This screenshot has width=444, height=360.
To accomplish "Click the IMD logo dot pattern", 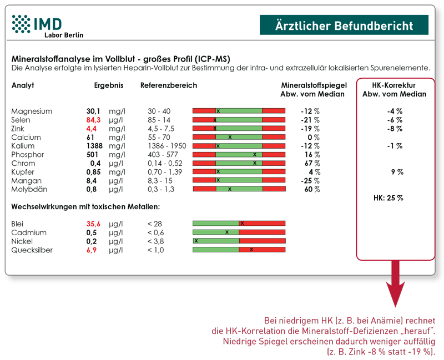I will [22, 24].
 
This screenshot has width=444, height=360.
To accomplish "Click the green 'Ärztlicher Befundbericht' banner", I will [344, 26].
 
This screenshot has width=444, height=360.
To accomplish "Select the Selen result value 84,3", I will [93, 120].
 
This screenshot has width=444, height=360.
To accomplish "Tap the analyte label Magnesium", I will [32, 111].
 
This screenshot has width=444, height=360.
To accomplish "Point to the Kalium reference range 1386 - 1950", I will [167, 146].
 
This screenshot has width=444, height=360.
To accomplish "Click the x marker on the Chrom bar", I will [255, 163].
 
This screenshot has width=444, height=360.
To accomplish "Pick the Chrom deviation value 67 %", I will [312, 163].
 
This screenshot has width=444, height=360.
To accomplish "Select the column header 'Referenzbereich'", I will [169, 85].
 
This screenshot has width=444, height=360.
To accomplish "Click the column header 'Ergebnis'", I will [109, 85].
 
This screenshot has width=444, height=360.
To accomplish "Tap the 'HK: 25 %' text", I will [388, 197].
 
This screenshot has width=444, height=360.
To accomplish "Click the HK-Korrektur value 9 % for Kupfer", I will [396, 172].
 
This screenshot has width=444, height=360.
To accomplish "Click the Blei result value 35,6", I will [93, 224].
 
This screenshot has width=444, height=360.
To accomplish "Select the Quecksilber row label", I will [32, 250].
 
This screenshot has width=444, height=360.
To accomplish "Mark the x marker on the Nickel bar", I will [196, 241].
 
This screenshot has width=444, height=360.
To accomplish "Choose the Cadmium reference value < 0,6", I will [156, 232].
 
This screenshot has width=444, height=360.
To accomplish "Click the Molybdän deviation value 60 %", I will [312, 189].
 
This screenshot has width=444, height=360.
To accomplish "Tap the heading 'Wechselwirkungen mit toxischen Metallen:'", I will [85, 207].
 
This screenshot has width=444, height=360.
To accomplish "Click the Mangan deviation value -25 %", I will [311, 181].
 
